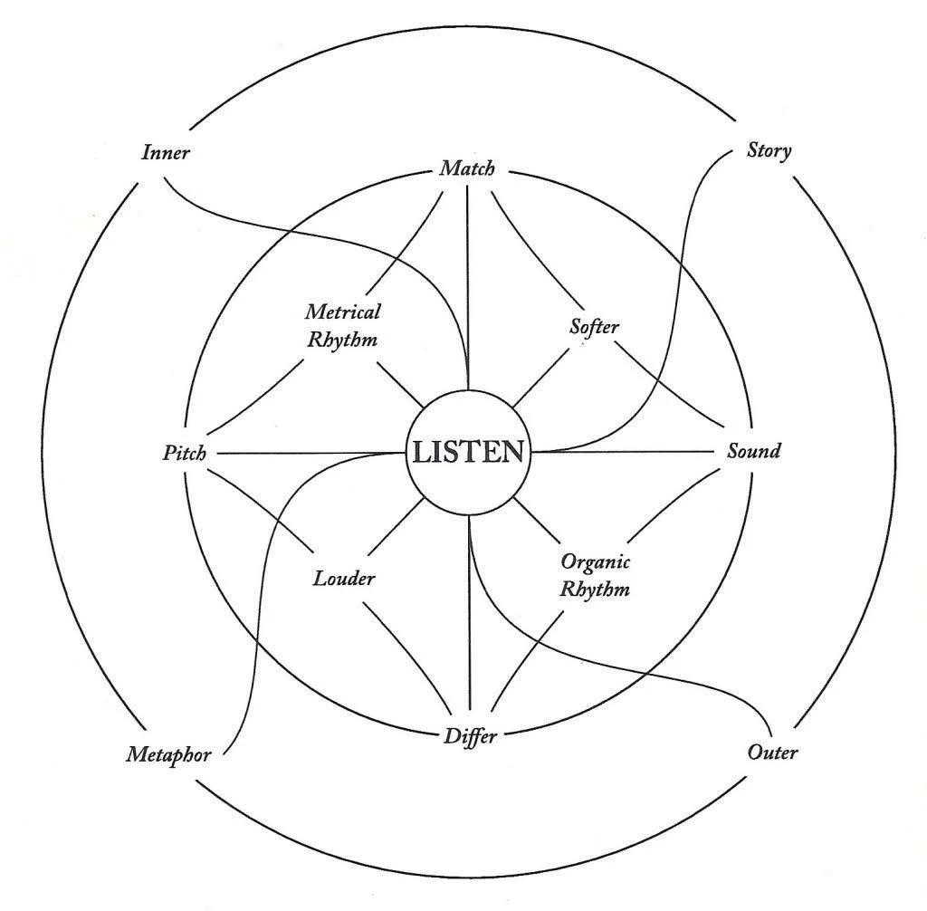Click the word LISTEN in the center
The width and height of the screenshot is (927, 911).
click(468, 452)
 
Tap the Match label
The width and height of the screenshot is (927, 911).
click(467, 168)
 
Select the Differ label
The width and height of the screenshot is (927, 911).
click(470, 735)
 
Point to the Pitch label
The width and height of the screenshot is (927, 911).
click(184, 452)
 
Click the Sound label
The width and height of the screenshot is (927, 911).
click(753, 450)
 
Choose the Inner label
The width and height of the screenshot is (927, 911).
click(166, 152)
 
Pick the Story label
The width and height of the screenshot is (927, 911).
click(769, 150)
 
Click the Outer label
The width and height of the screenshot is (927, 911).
click(773, 752)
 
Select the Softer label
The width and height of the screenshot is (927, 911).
click(594, 326)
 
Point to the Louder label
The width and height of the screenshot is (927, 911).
click(343, 579)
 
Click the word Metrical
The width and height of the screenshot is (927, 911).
click(342, 312)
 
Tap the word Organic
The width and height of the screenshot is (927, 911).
click(595, 561)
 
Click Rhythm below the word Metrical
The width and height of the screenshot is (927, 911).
click(340, 340)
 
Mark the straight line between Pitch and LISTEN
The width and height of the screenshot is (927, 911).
click(299, 453)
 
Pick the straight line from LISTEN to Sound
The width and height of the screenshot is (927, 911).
click(634, 452)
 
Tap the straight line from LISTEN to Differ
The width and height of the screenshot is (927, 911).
click(469, 616)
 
